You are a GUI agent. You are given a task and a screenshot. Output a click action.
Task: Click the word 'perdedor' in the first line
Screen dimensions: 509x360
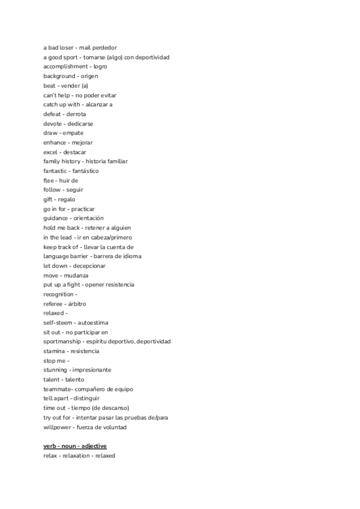pyautogui.click(x=104, y=47)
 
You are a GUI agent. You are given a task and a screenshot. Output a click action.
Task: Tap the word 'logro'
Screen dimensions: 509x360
pyautogui.click(x=100, y=67)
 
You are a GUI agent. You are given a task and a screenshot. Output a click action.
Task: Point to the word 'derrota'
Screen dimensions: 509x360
pyautogui.click(x=76, y=114)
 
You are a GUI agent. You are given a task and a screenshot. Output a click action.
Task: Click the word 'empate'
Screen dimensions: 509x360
pyautogui.click(x=73, y=133)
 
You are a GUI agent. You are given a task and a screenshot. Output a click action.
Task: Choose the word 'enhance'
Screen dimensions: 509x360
pyautogui.click(x=54, y=142)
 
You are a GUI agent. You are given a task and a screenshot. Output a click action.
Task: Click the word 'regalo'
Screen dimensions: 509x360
pyautogui.click(x=67, y=199)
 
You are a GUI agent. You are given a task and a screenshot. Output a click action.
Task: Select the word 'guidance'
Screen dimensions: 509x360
pyautogui.click(x=56, y=218)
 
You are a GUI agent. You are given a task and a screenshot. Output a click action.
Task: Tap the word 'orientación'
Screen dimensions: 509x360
pyautogui.click(x=89, y=218)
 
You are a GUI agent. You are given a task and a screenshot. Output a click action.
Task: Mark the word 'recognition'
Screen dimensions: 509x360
pyautogui.click(x=58, y=294)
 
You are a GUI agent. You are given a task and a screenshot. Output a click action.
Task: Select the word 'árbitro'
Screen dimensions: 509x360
pyautogui.click(x=78, y=304)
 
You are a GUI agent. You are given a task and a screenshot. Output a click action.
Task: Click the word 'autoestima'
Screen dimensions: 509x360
pyautogui.click(x=93, y=322)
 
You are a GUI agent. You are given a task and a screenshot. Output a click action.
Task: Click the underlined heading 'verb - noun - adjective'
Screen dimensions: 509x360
pyautogui.click(x=75, y=446)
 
